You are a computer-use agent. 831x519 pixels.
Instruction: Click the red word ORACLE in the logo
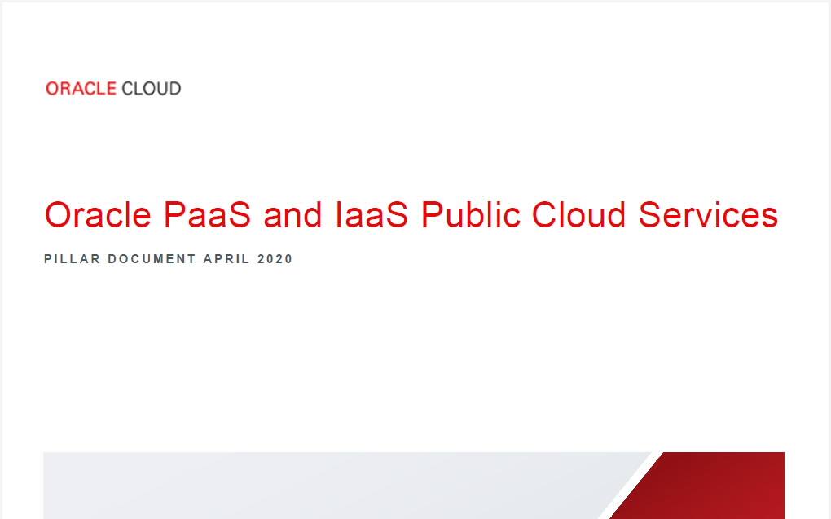(81, 89)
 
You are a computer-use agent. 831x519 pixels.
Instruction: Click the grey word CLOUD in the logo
(151, 89)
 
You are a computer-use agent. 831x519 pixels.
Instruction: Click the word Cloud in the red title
(578, 216)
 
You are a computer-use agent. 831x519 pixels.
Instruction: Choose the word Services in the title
(708, 216)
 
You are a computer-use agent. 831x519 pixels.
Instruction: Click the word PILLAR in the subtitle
(72, 259)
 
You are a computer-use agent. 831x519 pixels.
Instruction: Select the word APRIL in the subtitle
(226, 259)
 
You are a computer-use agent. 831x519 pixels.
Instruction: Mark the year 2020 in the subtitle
(275, 259)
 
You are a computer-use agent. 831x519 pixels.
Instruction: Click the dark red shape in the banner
(717, 489)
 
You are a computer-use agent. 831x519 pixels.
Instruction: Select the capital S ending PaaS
(241, 216)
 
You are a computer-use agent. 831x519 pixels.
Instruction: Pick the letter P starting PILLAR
(48, 259)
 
